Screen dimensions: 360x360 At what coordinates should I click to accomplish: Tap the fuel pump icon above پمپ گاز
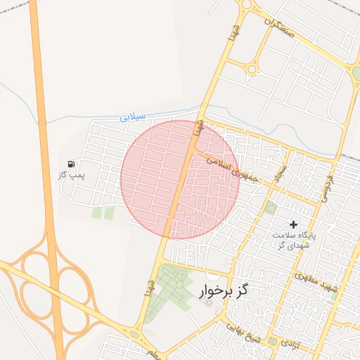coord(71,164)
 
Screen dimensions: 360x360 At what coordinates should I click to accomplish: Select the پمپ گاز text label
coord(71,174)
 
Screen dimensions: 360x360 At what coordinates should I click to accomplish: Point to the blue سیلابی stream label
coord(132,116)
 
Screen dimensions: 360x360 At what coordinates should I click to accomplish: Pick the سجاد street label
coord(282,169)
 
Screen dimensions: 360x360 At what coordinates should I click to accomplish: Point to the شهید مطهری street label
coord(317,283)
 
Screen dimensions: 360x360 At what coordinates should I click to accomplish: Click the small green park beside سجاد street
coord(271,207)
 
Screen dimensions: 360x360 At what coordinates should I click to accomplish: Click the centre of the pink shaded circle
coord(180,179)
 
